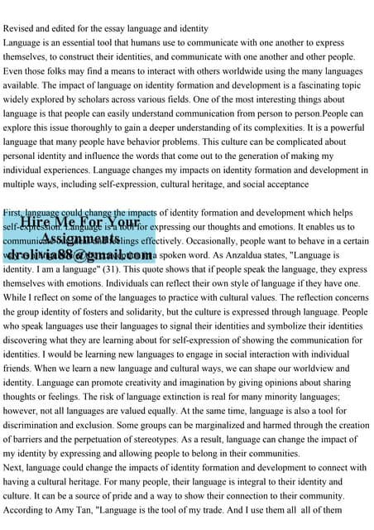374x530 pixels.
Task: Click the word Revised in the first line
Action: click(x=21, y=28)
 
